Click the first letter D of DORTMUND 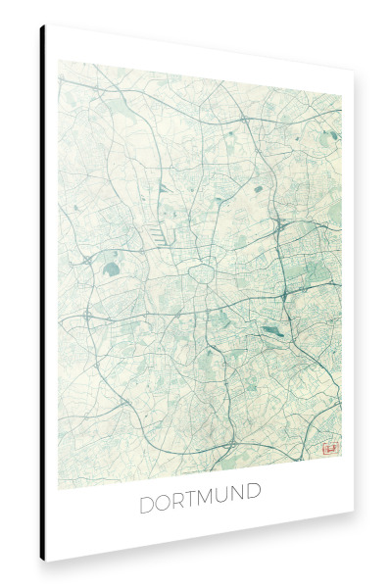[x=147, y=506]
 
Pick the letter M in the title [x=210, y=506]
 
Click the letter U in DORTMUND [x=227, y=506]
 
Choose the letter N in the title [x=243, y=506]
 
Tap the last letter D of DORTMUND [x=259, y=506]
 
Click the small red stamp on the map [x=329, y=449]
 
